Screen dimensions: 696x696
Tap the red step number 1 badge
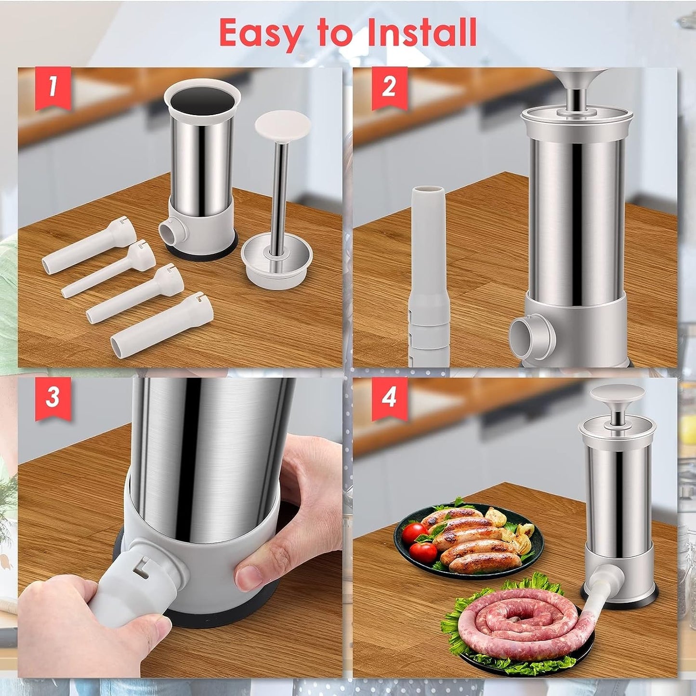pos(53,87)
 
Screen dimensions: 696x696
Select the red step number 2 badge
pos(389,87)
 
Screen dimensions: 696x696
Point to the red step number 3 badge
pos(53,397)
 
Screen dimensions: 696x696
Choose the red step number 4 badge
pos(389,397)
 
